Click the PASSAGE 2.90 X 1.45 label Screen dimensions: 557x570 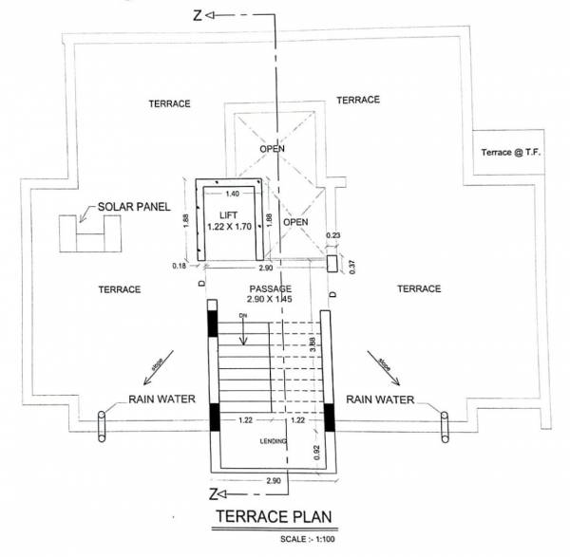(x=269, y=294)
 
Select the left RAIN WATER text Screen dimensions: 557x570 (x=161, y=399)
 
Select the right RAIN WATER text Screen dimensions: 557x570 (x=380, y=399)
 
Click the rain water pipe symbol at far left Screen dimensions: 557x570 (x=102, y=426)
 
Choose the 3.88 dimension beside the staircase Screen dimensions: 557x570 (x=313, y=348)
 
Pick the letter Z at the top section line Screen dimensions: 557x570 (x=197, y=16)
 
